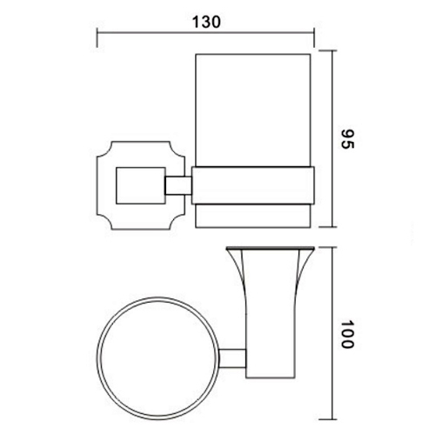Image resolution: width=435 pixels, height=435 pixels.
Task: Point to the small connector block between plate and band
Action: pos(177,184)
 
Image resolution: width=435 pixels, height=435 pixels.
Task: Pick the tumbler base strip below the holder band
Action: pos(252,215)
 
